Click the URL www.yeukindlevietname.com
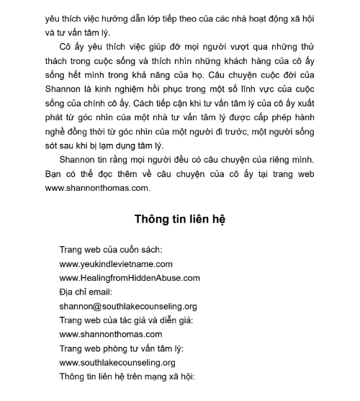116,264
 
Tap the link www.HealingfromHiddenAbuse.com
130,278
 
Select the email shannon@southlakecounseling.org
128,306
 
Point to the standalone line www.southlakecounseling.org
117,362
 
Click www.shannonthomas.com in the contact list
111,334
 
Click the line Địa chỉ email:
87,292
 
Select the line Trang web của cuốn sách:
111,250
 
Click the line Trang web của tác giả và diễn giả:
126,320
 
